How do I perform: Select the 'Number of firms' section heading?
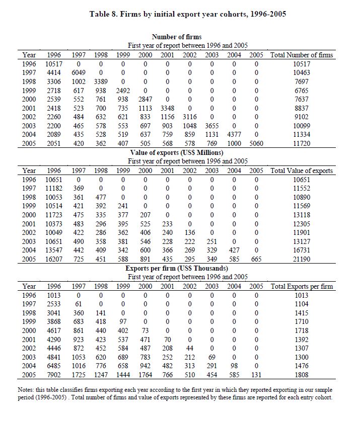coord(176,37)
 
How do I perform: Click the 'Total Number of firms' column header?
coord(302,55)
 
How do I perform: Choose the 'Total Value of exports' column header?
coord(302,171)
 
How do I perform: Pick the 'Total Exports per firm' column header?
coord(302,286)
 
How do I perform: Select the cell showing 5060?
coord(256,143)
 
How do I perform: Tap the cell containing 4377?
coord(234,134)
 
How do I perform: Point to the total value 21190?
coord(302,259)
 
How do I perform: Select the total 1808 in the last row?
coord(302,375)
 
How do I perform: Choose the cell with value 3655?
coord(212,126)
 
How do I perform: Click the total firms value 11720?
coord(302,143)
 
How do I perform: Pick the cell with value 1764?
coord(145,375)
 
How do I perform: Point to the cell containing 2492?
coord(123,91)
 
